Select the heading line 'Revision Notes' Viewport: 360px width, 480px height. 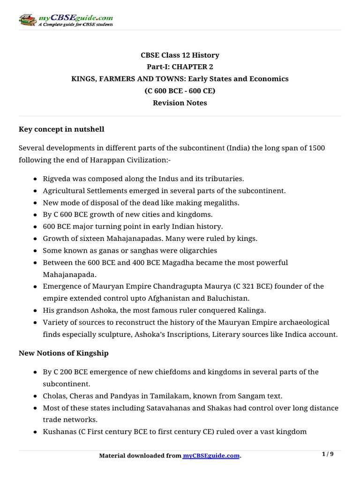click(180, 103)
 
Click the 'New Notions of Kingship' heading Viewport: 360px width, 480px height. click(63, 353)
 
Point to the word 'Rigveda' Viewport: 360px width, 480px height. click(57, 179)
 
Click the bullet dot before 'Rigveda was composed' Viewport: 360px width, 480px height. click(37, 179)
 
